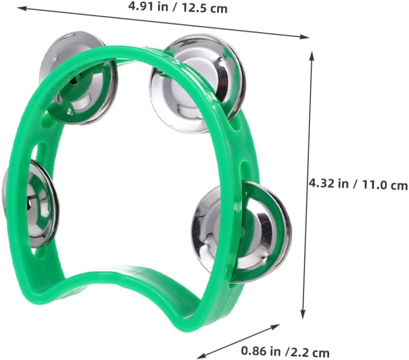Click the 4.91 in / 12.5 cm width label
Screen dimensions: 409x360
178,8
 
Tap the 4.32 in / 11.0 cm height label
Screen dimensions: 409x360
358,184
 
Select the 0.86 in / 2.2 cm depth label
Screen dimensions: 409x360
285,351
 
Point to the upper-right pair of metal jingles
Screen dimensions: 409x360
197,84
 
